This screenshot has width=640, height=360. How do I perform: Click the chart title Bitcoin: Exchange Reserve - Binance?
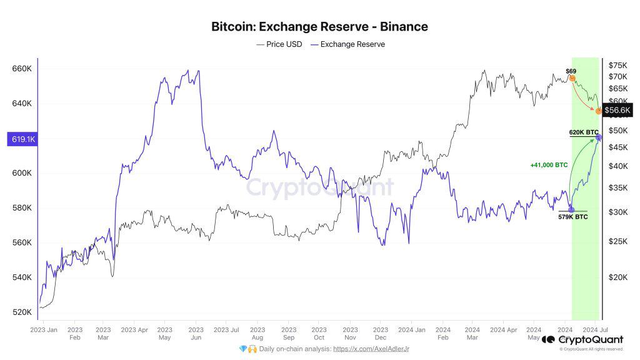[x=319, y=26]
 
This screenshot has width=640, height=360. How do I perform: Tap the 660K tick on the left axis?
[x=22, y=68]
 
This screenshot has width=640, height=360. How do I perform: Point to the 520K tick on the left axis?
[x=22, y=312]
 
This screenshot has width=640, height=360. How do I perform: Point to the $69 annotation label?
[x=571, y=71]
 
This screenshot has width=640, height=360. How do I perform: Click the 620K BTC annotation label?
[x=583, y=132]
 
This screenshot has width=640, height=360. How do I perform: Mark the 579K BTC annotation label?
[x=572, y=217]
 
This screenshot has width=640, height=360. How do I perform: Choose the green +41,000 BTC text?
[x=548, y=165]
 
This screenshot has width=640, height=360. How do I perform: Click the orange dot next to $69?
[x=572, y=79]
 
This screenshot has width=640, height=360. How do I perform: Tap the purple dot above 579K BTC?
[x=571, y=209]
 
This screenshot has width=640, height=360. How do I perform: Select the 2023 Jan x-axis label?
[x=44, y=329]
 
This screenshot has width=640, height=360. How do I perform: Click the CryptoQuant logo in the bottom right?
[x=582, y=339]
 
